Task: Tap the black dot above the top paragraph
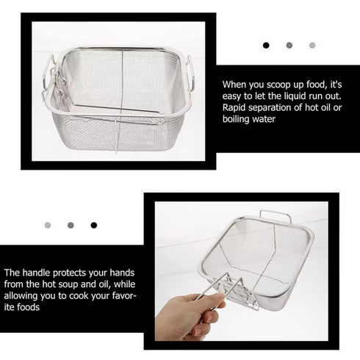point(266,46)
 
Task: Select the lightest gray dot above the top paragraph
point(312,46)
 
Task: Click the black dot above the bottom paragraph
point(93,225)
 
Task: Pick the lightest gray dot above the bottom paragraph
point(48,225)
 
